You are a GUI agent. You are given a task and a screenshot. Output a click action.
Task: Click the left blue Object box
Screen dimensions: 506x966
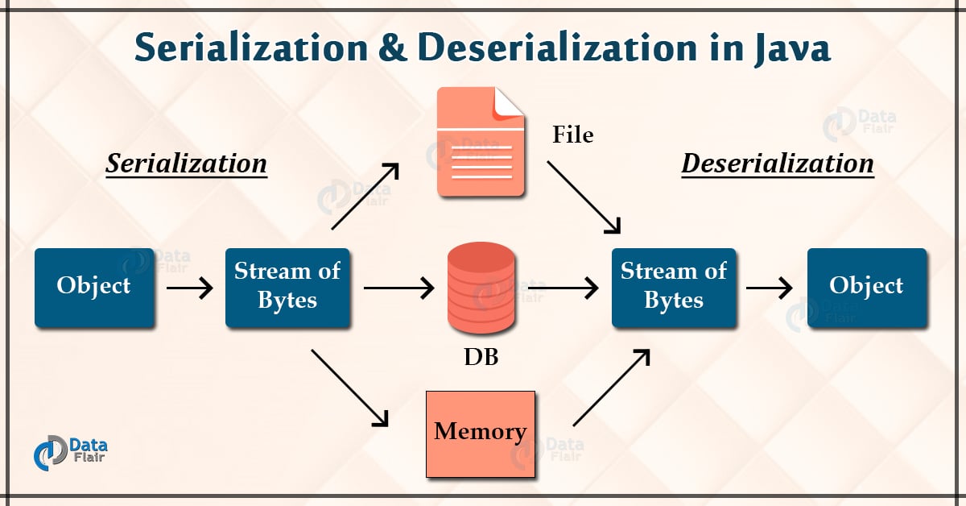coord(94,287)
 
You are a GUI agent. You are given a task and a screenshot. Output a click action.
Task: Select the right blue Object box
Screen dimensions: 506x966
coord(866,287)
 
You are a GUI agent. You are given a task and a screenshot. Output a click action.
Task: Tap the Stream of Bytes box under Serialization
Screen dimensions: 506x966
coord(287,287)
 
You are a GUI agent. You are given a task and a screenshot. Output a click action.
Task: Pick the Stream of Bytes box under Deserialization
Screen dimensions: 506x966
coord(674,287)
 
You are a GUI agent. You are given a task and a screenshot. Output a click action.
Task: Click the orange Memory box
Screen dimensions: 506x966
coord(480,433)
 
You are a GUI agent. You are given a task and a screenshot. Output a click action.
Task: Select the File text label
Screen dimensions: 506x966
coord(572,135)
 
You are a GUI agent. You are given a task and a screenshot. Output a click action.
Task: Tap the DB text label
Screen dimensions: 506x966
coord(481,357)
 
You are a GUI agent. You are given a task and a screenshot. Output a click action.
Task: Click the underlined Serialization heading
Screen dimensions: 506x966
coord(187,164)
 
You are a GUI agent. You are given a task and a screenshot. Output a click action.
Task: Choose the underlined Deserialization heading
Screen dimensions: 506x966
coord(778,164)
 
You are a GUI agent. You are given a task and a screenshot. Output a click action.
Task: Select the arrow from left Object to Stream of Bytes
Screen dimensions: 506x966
coord(190,287)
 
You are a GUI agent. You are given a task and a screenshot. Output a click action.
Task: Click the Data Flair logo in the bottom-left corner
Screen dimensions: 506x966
coord(72,450)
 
